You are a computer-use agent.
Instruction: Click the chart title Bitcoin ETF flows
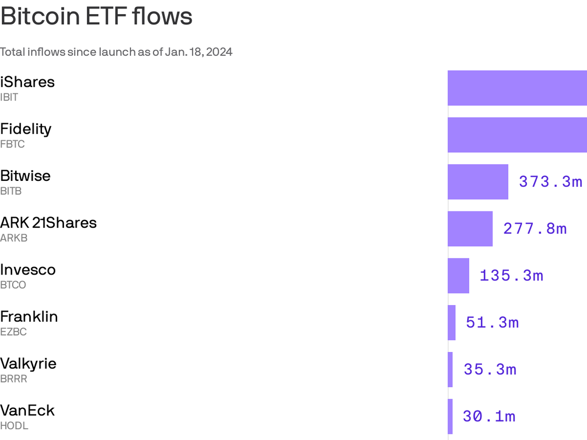tap(96, 16)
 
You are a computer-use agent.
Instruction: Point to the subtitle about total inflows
tap(116, 52)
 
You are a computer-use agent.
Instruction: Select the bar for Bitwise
tap(478, 182)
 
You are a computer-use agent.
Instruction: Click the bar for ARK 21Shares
tap(470, 229)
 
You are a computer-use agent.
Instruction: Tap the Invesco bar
tap(459, 276)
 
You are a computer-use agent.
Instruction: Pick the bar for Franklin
tap(452, 323)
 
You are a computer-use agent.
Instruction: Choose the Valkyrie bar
tap(450, 370)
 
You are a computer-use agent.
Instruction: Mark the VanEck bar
tap(450, 416)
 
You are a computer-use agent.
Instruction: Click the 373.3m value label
tap(550, 182)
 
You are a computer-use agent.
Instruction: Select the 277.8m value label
tap(535, 229)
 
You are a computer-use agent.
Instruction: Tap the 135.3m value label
tap(511, 276)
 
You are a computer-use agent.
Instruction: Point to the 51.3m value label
tap(492, 323)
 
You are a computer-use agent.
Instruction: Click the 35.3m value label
tap(490, 370)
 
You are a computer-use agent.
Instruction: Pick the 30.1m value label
tap(489, 416)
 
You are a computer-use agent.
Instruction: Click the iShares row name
tap(28, 82)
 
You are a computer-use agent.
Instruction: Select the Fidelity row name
tap(26, 129)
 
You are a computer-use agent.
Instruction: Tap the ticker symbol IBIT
tap(9, 98)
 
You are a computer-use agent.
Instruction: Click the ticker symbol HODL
tap(14, 426)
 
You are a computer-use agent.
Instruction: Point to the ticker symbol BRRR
tap(14, 379)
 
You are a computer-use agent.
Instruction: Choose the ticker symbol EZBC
tap(13, 332)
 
